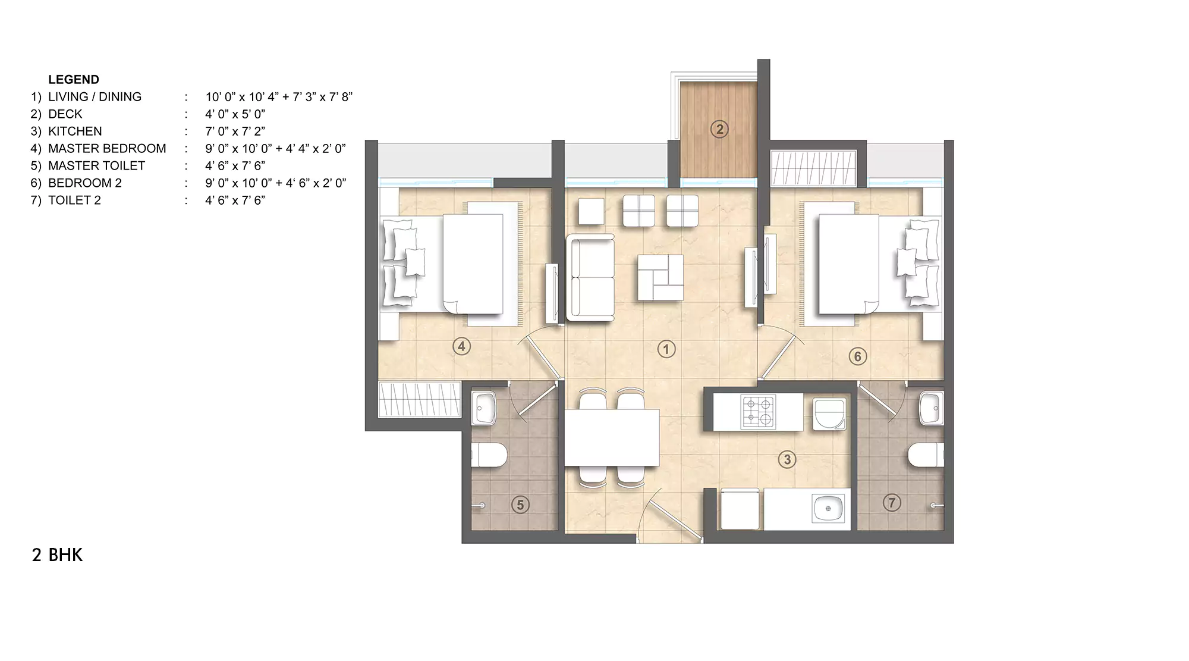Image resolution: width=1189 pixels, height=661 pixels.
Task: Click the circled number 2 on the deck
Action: tap(719, 129)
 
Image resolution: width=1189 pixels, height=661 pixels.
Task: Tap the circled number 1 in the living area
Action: tap(666, 349)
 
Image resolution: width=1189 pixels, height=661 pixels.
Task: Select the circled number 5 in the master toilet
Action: tap(520, 505)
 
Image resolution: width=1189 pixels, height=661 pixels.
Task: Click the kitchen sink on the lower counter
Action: tap(828, 509)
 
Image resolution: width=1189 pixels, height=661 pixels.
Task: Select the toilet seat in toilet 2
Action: tap(925, 455)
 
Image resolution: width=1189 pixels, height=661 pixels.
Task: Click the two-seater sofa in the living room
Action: tap(590, 278)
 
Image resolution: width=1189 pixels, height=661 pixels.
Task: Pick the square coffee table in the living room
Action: tap(660, 278)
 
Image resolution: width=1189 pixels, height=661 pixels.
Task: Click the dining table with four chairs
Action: tap(612, 438)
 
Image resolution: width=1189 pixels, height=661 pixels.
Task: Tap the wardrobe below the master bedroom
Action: tap(420, 399)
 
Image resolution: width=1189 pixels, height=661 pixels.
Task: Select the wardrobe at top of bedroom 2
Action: tap(813, 168)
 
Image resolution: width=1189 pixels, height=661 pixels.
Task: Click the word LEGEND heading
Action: tap(74, 80)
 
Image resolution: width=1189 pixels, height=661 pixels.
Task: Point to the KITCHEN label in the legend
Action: tap(75, 131)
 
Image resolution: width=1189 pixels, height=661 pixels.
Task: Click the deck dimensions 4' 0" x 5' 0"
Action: tap(235, 114)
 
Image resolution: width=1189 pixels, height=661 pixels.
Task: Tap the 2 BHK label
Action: tap(57, 555)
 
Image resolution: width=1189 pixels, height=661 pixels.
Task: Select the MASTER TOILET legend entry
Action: tap(96, 166)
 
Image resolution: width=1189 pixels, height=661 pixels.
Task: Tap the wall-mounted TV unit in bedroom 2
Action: tap(770, 264)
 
